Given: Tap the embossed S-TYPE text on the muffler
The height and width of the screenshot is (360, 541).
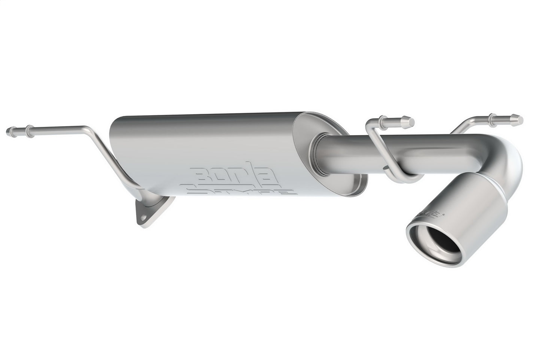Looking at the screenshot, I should (240, 190).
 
